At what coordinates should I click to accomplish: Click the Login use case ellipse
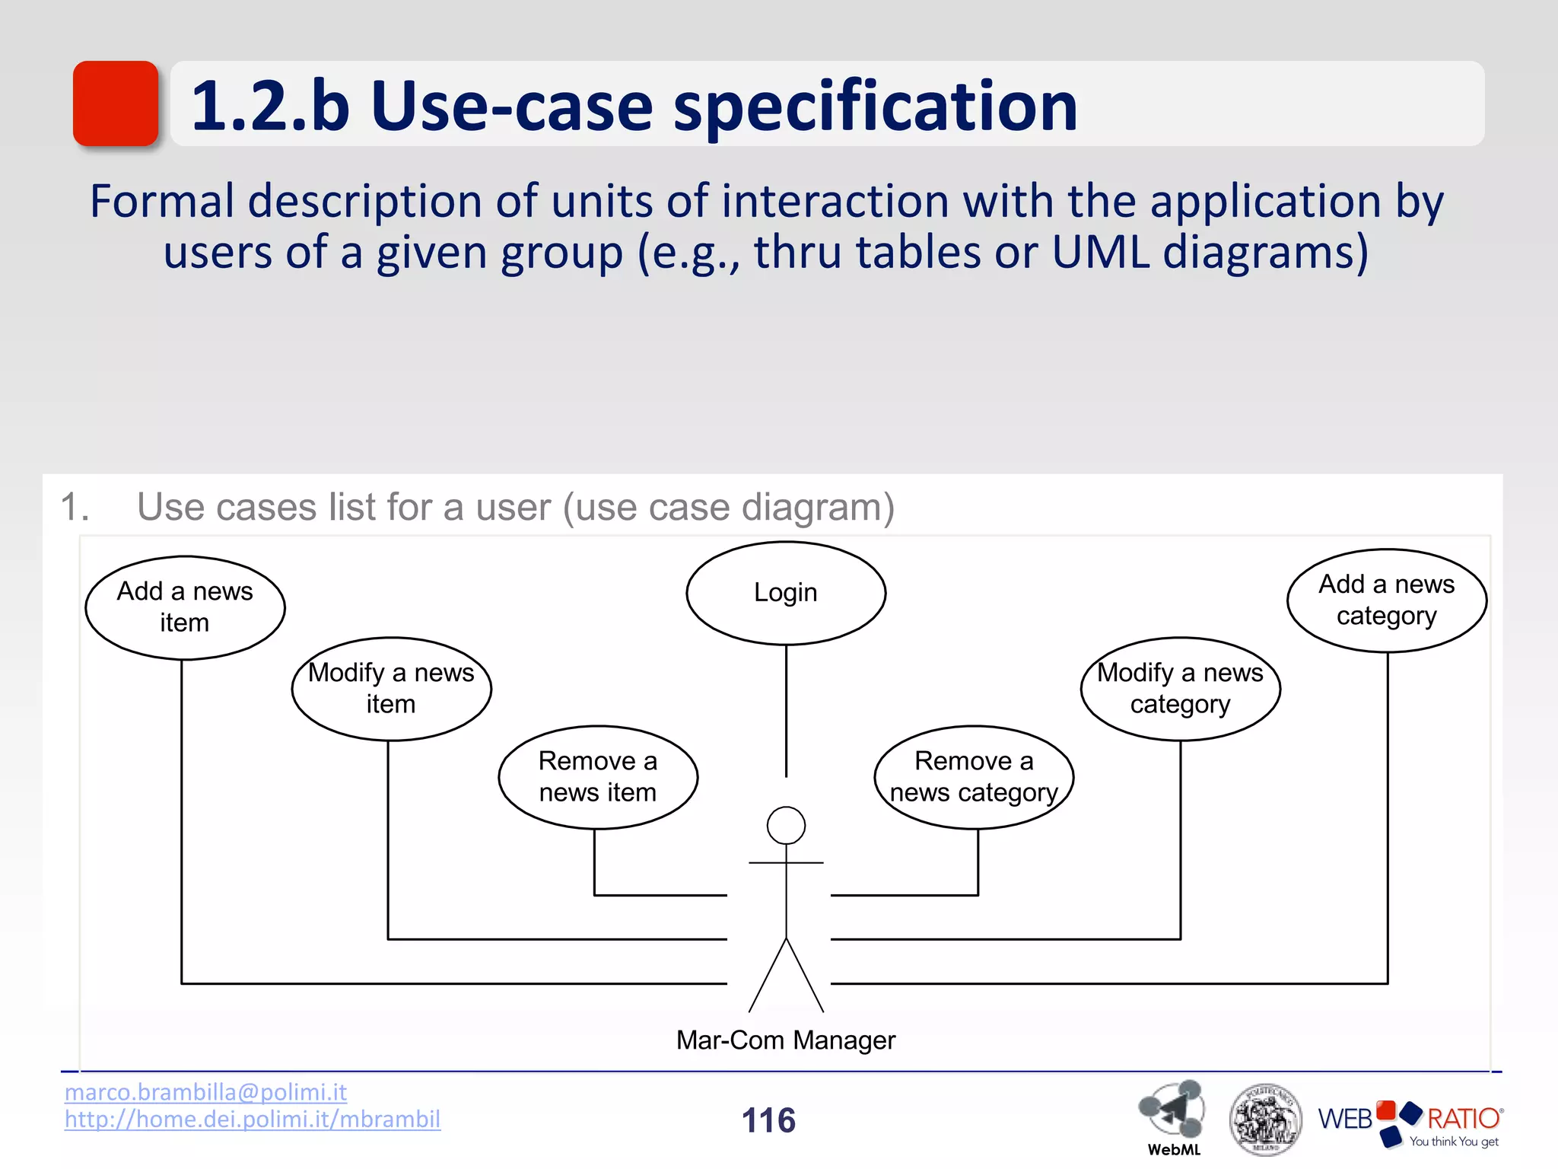(786, 593)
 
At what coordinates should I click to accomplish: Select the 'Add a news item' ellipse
(185, 607)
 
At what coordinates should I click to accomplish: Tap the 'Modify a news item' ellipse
(391, 689)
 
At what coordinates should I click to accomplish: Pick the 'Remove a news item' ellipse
(598, 777)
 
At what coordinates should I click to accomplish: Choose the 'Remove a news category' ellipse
(974, 777)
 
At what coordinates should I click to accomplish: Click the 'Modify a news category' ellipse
(1180, 689)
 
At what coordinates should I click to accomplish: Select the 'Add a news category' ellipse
(1386, 600)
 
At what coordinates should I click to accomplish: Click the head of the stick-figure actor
(786, 826)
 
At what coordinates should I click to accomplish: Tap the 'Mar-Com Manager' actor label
(786, 1040)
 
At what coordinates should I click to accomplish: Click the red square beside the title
(116, 104)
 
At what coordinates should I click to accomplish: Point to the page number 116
(768, 1120)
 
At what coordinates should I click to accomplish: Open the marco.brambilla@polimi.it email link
(205, 1092)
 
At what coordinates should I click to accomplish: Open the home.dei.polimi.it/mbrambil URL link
(252, 1120)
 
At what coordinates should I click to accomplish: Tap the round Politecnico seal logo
(1265, 1120)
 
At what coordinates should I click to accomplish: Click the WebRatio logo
(1410, 1123)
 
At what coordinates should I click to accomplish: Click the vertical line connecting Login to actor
(786, 710)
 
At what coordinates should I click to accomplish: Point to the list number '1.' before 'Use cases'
(75, 508)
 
